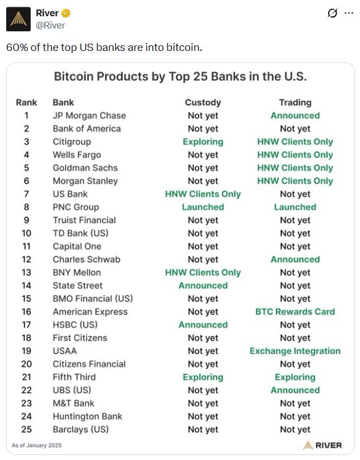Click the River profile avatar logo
pos(18,20)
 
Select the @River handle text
pos(50,25)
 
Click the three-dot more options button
pos(349,13)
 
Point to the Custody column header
pos(203,102)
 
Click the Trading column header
pos(295,102)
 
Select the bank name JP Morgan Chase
pos(89,115)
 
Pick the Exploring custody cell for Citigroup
pos(203,142)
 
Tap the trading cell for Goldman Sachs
pos(295,168)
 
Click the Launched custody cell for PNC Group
pos(203,207)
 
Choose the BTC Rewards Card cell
pos(295,312)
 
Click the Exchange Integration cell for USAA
pos(295,351)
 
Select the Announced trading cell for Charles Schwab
pos(295,259)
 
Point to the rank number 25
pos(26,429)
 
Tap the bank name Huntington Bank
pos(87,416)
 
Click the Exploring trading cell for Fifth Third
pos(295,377)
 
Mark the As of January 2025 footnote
pos(37,445)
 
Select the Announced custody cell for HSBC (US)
pos(203,325)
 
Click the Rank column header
pos(26,102)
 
